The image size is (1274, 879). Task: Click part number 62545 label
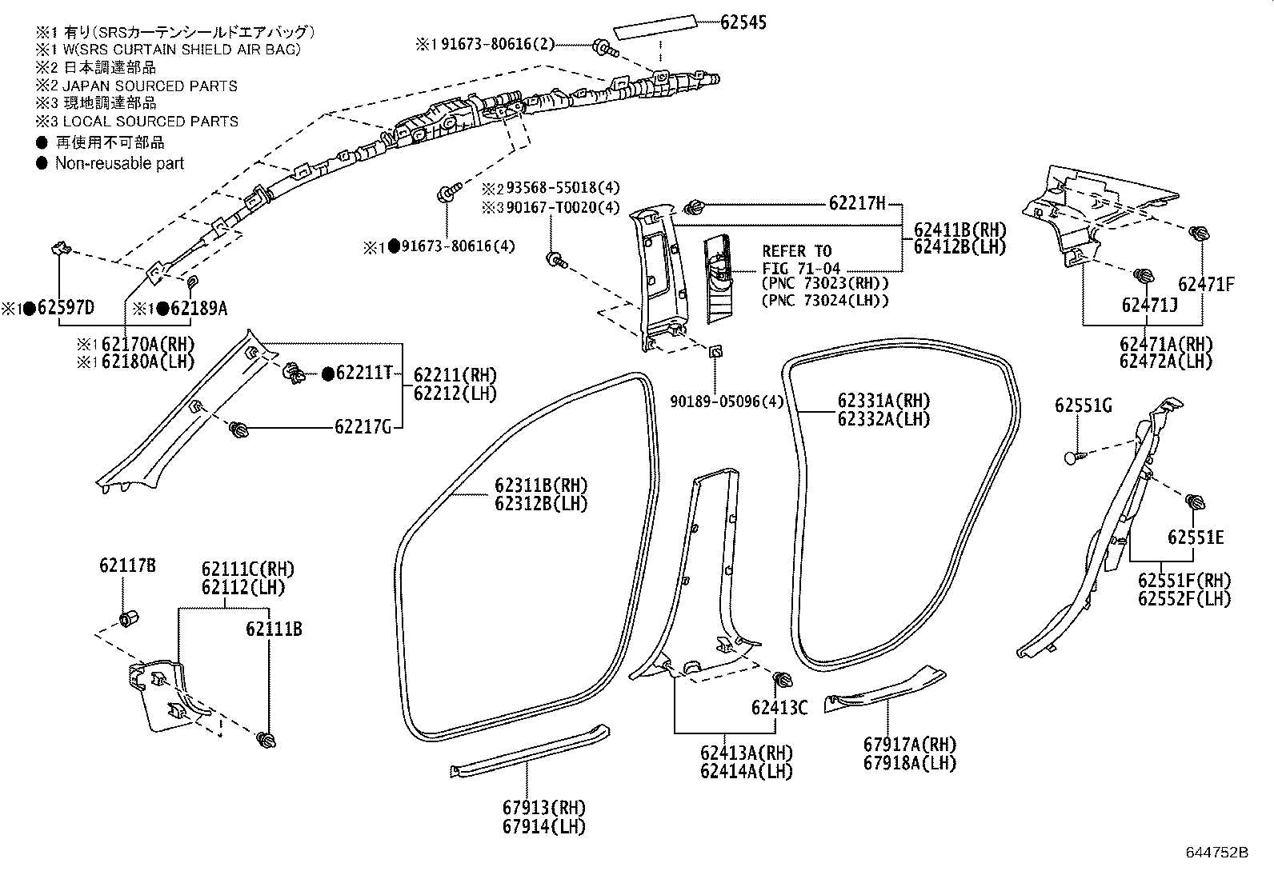point(743,22)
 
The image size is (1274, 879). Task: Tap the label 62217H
point(857,203)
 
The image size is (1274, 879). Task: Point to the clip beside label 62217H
point(693,208)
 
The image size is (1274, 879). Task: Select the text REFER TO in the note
point(796,251)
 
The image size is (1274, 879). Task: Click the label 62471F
point(1206,284)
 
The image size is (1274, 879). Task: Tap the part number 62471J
point(1148,305)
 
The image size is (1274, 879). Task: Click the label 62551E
point(1195,537)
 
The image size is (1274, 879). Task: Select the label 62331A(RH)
point(884,401)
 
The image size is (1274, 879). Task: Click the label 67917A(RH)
point(910,744)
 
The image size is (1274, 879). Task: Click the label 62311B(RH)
point(541,485)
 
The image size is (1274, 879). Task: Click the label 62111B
point(274,629)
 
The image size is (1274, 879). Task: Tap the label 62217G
point(363,427)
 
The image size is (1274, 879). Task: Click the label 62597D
point(65,309)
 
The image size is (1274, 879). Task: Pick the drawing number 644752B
point(1217,853)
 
